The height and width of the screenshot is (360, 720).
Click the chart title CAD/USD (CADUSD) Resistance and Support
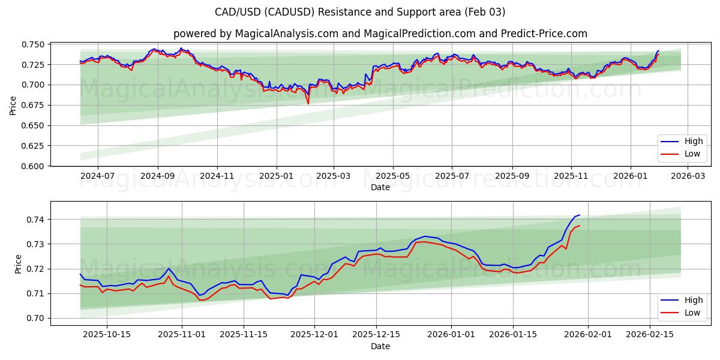click(x=360, y=12)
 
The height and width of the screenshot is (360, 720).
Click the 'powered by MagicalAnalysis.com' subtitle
click(x=380, y=34)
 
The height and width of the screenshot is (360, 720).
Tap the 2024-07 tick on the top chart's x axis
click(x=97, y=176)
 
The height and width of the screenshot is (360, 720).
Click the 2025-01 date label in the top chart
click(x=276, y=176)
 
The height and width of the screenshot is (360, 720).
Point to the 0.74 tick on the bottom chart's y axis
click(x=37, y=220)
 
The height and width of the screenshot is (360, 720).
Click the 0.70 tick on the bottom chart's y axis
click(x=37, y=318)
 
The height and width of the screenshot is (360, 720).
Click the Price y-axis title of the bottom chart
click(x=18, y=263)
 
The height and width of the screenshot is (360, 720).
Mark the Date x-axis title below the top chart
click(x=380, y=187)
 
